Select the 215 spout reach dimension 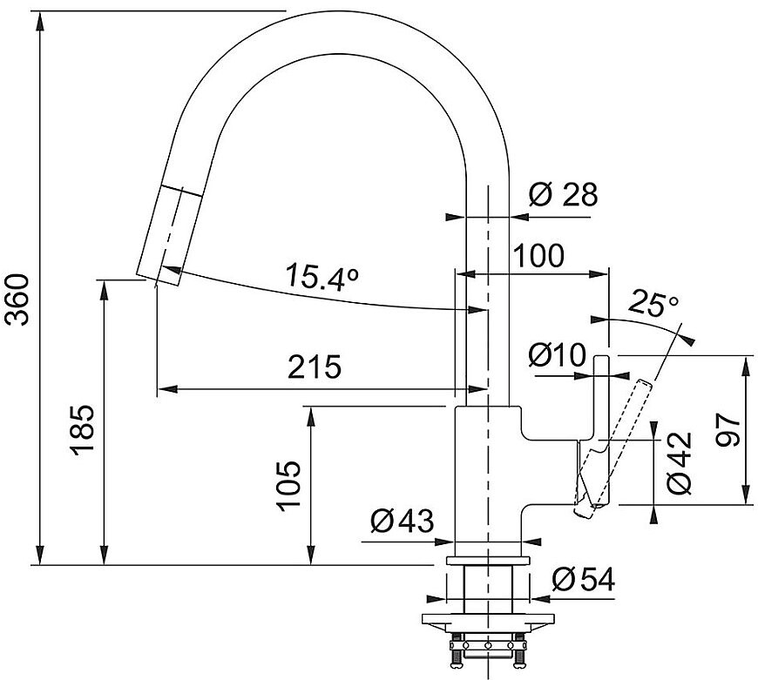tap(315, 367)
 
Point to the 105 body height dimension tap(289, 485)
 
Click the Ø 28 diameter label tap(563, 194)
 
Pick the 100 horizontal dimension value tap(538, 255)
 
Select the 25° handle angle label tap(653, 303)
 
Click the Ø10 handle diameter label tap(557, 355)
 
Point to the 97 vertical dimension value tap(728, 430)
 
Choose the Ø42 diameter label tap(680, 462)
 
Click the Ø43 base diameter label tap(403, 522)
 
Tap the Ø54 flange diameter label tap(583, 579)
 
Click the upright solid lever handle tap(601, 430)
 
